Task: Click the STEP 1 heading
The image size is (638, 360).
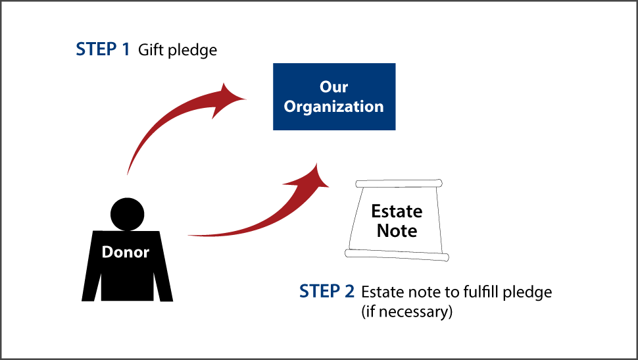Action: point(103,49)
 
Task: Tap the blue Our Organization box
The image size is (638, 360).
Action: point(334,96)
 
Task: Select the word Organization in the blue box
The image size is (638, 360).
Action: point(334,107)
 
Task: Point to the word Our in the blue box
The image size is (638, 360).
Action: point(334,87)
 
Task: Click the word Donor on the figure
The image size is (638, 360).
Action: point(126,252)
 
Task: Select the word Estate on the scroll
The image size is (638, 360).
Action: point(397,211)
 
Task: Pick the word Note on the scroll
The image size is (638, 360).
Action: point(397,231)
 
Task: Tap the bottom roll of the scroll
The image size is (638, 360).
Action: point(397,254)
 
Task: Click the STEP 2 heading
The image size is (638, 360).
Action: point(327,291)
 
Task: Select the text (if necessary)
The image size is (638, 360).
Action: point(406,311)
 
